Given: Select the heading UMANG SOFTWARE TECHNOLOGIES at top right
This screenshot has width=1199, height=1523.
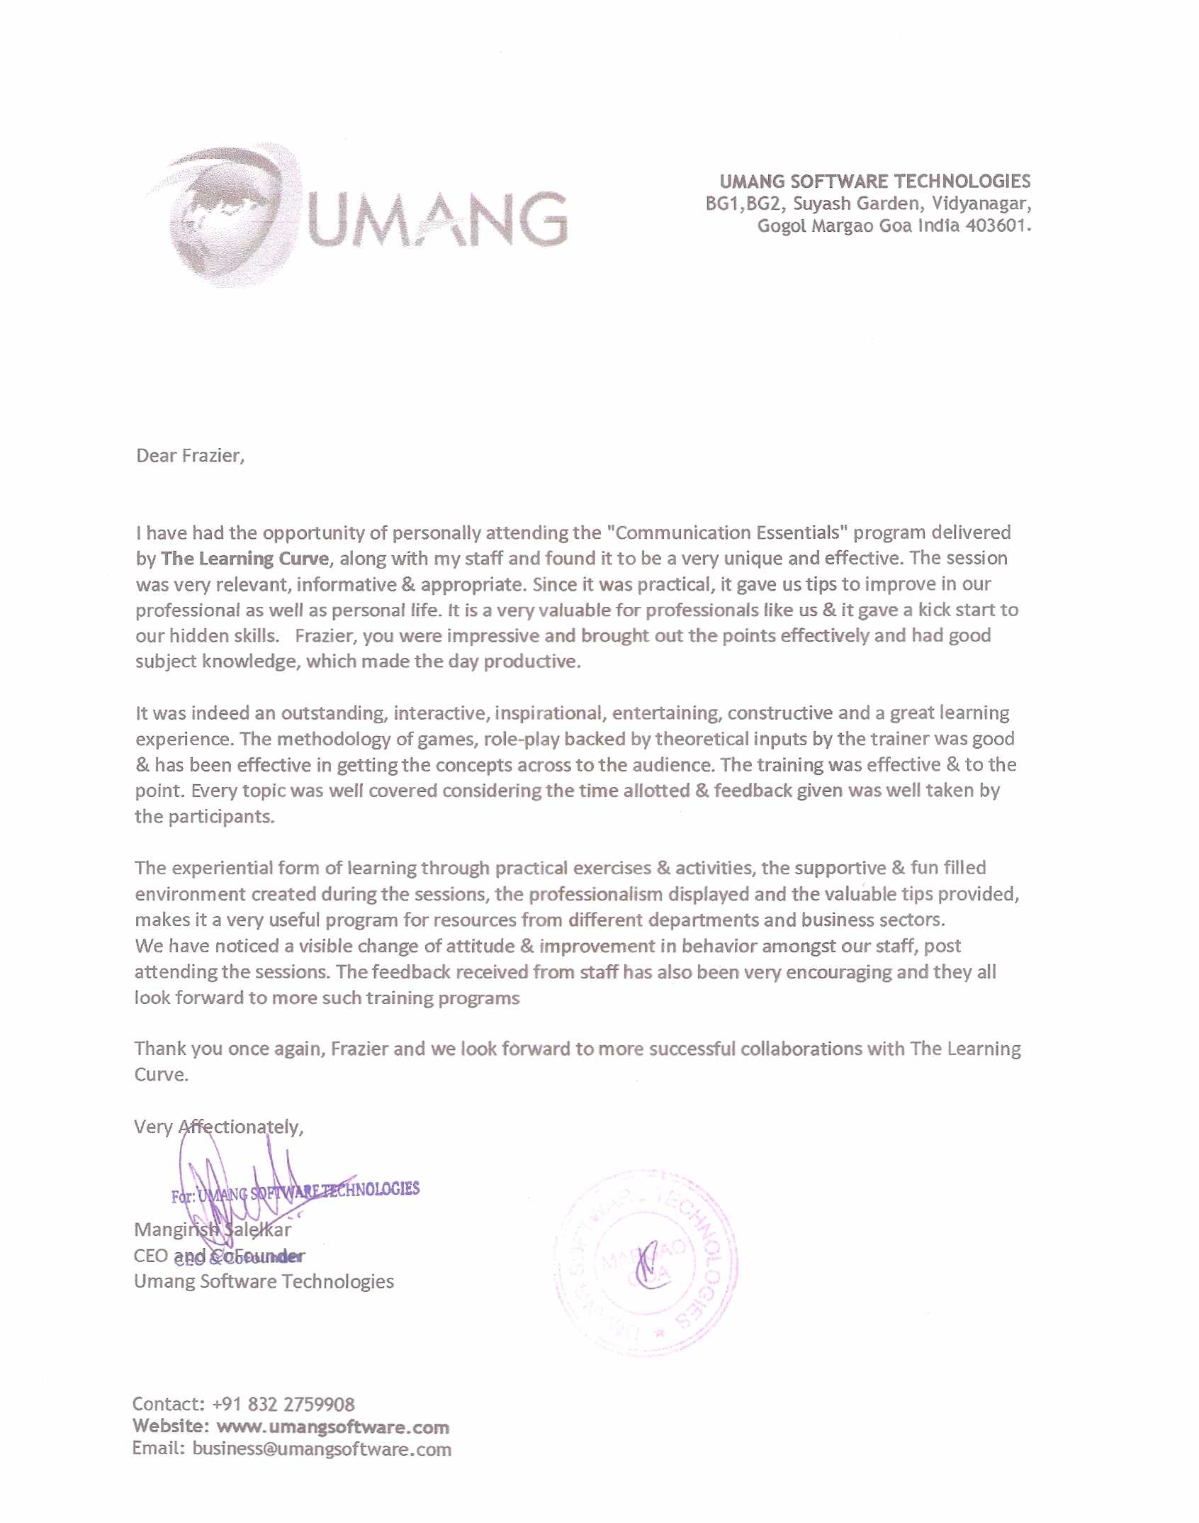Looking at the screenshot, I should click(x=874, y=182).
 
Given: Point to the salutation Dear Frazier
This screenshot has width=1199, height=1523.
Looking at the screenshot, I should click(x=190, y=455).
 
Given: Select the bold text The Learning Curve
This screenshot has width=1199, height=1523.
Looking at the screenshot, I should click(x=245, y=559).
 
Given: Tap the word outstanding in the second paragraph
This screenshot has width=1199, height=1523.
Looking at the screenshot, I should click(x=332, y=713).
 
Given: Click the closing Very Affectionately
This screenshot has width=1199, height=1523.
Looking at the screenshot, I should click(x=218, y=1127).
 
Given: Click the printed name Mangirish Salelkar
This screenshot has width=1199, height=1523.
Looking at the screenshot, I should click(x=212, y=1229).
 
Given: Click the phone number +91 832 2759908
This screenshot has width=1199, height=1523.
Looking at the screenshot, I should click(x=283, y=1404).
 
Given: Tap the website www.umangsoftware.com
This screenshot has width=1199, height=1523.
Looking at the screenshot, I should click(x=332, y=1427).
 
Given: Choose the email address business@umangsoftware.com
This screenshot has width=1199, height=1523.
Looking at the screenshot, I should click(x=321, y=1449).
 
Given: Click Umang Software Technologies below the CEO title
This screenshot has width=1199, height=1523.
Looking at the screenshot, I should click(x=264, y=1281).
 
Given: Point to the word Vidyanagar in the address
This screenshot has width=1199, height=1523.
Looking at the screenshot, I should click(x=981, y=204).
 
